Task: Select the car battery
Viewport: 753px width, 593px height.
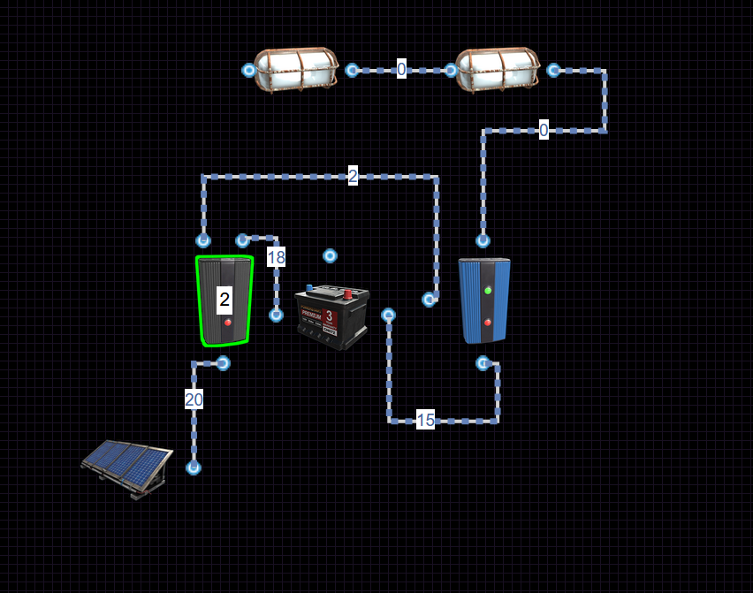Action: tap(332, 316)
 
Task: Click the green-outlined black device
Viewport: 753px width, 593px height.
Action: tap(224, 300)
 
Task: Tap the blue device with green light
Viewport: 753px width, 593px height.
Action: tap(484, 300)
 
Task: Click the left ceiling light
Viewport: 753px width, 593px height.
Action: tap(296, 69)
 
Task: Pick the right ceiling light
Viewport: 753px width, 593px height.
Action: tap(497, 69)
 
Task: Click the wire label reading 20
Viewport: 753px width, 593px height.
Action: tap(194, 399)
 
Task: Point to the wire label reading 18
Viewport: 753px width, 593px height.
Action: tap(276, 257)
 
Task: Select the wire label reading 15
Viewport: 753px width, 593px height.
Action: tap(425, 421)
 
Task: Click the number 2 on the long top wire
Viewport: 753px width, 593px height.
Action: tap(353, 176)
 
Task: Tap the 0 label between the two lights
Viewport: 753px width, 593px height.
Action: tap(401, 69)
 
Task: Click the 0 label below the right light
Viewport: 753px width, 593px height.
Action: tap(544, 130)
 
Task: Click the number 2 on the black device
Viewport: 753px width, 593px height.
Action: tap(224, 300)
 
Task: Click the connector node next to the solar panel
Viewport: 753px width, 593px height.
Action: tap(194, 468)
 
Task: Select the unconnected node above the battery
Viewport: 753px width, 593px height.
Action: tap(330, 255)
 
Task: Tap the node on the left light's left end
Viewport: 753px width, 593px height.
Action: tap(249, 70)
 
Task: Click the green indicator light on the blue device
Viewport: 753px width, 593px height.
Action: tap(488, 290)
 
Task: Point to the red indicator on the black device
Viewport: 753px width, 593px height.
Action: tap(228, 323)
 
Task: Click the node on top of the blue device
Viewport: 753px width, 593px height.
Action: tap(483, 239)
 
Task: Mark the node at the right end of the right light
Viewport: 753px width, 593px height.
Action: tap(553, 70)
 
